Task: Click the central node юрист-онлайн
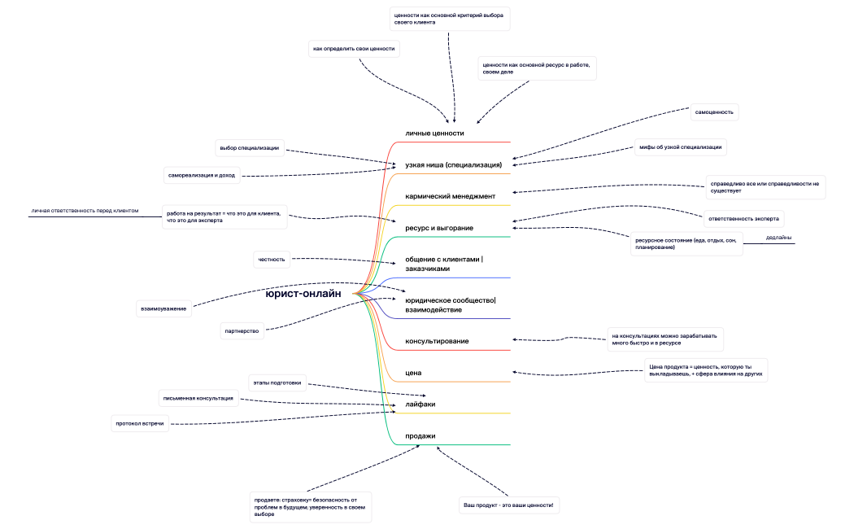(303, 294)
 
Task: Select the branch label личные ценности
(434, 133)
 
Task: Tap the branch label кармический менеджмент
(450, 196)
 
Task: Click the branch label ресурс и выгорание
(439, 228)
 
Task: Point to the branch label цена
(413, 373)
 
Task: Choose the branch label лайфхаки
(420, 404)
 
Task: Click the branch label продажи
(420, 435)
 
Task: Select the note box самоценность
(714, 111)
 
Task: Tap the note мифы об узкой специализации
(680, 147)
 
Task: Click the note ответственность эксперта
(744, 218)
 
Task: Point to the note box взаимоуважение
(163, 308)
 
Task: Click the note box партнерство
(242, 331)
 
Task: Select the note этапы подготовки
(277, 383)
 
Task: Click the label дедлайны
(779, 238)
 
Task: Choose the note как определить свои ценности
(354, 49)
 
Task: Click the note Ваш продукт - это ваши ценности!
(508, 505)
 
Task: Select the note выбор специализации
(250, 148)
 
